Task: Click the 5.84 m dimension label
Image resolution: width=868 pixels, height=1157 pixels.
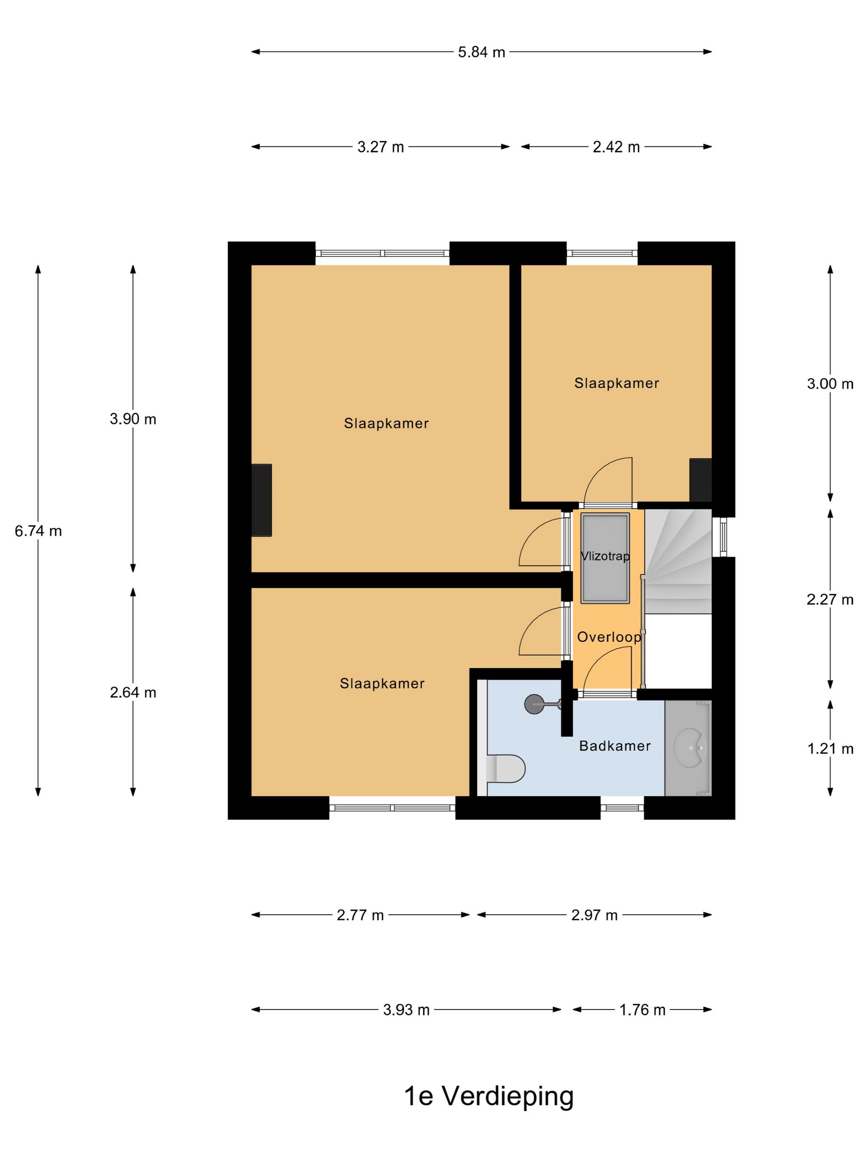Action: pos(482,52)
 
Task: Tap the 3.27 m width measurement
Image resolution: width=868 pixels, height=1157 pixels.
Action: pos(380,147)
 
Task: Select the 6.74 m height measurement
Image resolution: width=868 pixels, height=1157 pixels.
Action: pos(38,531)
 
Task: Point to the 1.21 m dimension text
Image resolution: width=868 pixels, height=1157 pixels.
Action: pos(830,748)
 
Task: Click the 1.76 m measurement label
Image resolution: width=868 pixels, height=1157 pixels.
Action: pos(642,1009)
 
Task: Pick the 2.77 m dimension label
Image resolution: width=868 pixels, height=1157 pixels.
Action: pos(360,915)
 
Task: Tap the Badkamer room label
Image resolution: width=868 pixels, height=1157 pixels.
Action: pos(615,746)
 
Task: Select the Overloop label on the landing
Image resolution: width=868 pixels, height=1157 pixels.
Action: pos(609,637)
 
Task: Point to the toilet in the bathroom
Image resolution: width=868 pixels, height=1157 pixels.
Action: pos(506,768)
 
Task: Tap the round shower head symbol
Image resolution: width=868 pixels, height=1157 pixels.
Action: pos(534,704)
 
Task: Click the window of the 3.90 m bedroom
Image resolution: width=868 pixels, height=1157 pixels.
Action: pos(382,253)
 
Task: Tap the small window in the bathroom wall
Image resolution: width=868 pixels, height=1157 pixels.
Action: pos(622,807)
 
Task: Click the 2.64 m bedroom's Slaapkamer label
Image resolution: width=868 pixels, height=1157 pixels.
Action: pos(382,683)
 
